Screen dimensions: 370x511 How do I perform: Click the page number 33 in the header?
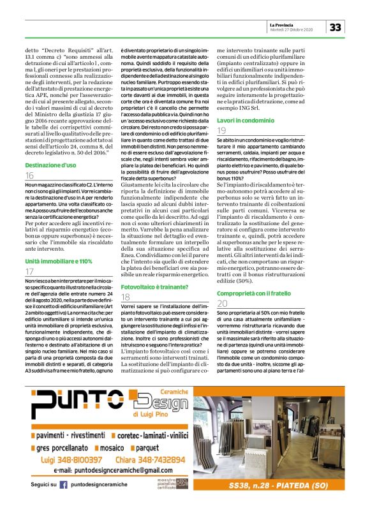[x=336, y=27]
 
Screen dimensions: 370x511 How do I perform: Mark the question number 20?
[x=222, y=304]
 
